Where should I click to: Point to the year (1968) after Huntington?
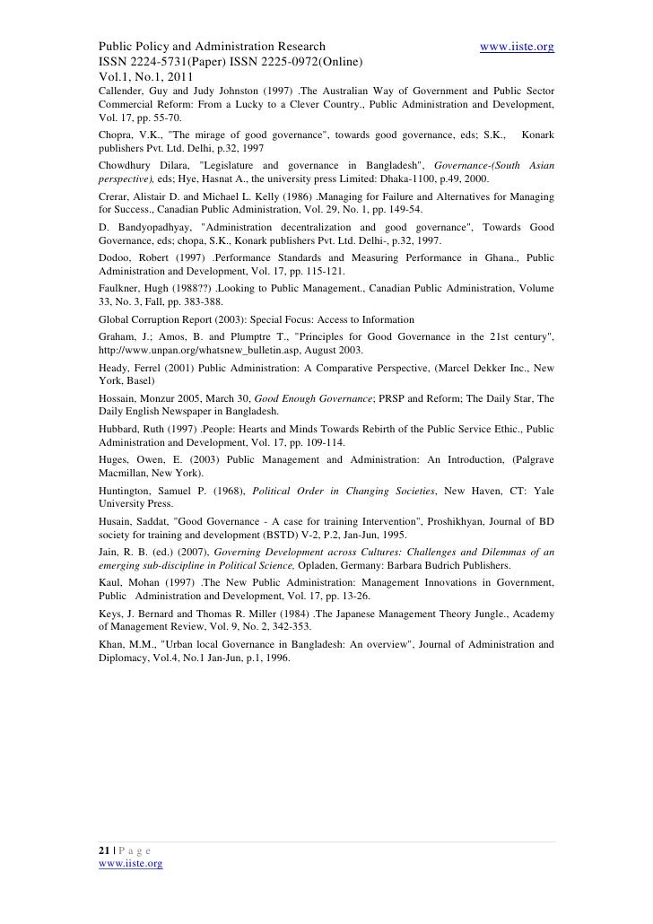pos(225,493)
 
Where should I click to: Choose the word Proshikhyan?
pos(415,524)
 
